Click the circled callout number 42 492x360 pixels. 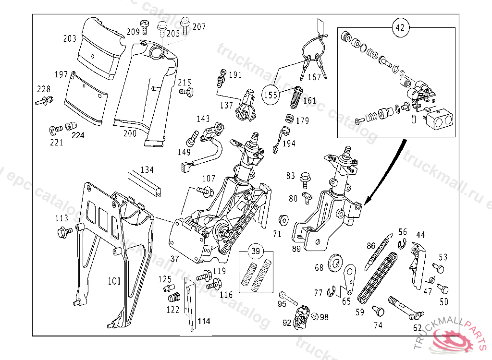click(x=400, y=27)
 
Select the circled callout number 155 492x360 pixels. click(x=271, y=95)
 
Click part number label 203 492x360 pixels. click(x=70, y=38)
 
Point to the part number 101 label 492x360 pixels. click(x=114, y=281)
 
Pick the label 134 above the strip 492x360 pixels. click(x=147, y=169)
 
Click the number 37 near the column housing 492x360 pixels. click(x=174, y=259)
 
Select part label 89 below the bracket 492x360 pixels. click(x=296, y=249)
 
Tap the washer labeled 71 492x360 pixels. click(x=283, y=220)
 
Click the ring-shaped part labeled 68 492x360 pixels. click(x=335, y=263)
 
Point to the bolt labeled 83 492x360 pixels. click(x=304, y=178)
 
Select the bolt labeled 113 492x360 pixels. click(x=63, y=232)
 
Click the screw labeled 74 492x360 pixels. click(x=380, y=312)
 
